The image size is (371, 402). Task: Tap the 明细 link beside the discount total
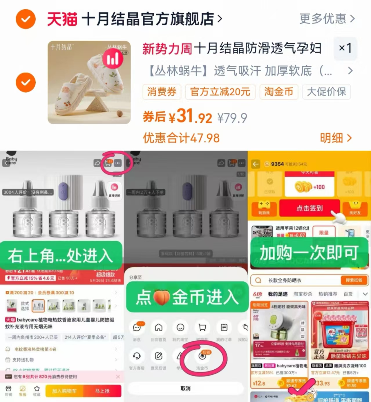click(x=336, y=138)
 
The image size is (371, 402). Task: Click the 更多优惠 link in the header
click(x=327, y=19)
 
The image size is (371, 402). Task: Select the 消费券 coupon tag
click(x=162, y=92)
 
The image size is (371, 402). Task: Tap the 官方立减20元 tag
click(x=220, y=92)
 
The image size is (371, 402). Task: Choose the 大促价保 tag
click(x=326, y=92)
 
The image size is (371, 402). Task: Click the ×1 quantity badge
click(x=345, y=48)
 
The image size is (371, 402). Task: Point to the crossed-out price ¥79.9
click(x=232, y=118)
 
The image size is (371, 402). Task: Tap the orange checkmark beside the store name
click(x=26, y=19)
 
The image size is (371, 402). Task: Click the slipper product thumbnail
click(x=89, y=83)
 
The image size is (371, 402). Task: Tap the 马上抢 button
click(x=102, y=391)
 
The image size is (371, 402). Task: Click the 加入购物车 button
click(x=64, y=391)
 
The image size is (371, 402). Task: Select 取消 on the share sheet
click(x=185, y=388)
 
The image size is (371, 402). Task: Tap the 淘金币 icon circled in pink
click(x=202, y=356)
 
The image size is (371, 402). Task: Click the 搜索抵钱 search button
click(x=354, y=280)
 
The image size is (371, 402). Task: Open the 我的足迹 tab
click(x=278, y=294)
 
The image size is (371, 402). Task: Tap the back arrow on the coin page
click(x=256, y=164)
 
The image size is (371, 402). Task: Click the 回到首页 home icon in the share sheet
click(x=158, y=328)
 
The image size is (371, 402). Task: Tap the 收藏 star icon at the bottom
click(x=37, y=390)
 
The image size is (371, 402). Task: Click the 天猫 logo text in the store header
click(x=62, y=19)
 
